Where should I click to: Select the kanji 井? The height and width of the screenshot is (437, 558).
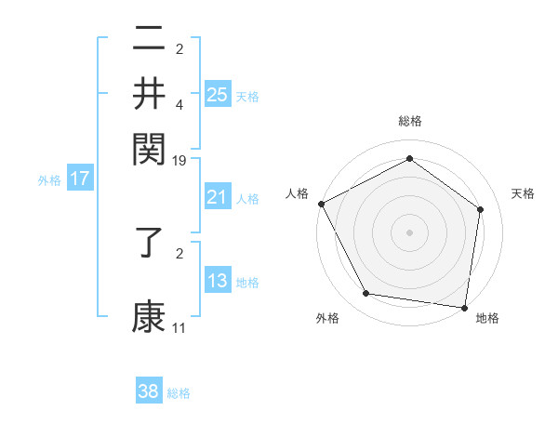pyautogui.click(x=149, y=94)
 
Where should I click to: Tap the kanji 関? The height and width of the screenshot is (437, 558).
pyautogui.click(x=149, y=147)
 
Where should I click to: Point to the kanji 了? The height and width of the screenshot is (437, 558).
pyautogui.click(x=149, y=253)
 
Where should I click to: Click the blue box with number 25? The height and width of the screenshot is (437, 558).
pyautogui.click(x=218, y=94)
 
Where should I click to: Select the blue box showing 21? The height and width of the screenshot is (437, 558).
pyautogui.click(x=218, y=197)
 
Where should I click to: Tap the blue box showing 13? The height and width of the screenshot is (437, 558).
pyautogui.click(x=218, y=281)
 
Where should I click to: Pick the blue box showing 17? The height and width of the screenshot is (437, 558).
pyautogui.click(x=79, y=179)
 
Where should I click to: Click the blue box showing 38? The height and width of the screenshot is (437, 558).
pyautogui.click(x=149, y=391)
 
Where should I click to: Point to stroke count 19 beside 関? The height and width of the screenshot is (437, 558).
pyautogui.click(x=179, y=161)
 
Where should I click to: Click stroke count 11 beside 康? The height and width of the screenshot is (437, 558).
pyautogui.click(x=179, y=328)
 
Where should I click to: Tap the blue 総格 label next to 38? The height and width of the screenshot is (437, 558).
pyautogui.click(x=179, y=393)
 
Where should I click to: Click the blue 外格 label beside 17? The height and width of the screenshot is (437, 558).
pyautogui.click(x=49, y=180)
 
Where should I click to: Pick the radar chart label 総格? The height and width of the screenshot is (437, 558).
pyautogui.click(x=409, y=122)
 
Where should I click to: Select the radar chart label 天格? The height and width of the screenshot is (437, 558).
pyautogui.click(x=523, y=193)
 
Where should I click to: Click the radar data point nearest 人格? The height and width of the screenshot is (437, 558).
pyautogui.click(x=321, y=204)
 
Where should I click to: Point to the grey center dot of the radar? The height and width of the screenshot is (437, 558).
pyautogui.click(x=409, y=232)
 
